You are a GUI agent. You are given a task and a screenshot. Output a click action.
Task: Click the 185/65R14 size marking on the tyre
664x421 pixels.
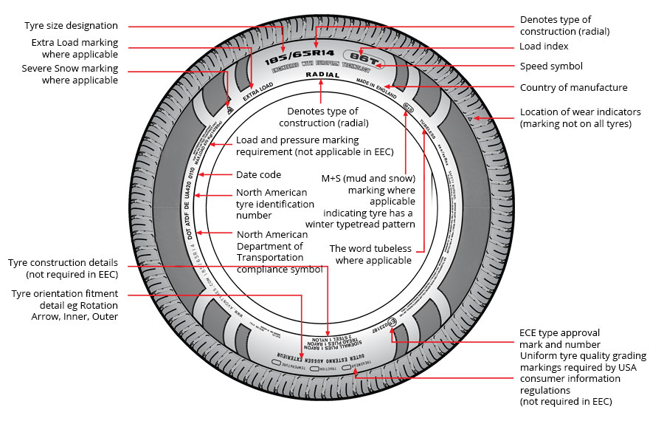pos(284,57)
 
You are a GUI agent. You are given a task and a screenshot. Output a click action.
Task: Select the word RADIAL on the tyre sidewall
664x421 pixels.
pos(322,75)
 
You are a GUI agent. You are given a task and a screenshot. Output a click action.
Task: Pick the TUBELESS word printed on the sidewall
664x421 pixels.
pos(427,129)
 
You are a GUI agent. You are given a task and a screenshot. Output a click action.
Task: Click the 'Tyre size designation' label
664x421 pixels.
pos(71,26)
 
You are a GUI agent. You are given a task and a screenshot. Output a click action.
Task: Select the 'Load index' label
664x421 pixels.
pos(545,47)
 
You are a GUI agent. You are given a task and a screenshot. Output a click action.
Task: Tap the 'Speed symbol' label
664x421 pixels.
pos(551,66)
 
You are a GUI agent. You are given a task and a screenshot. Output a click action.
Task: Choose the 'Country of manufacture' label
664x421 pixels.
pos(574,88)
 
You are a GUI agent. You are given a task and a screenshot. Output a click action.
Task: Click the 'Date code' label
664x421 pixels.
pos(258,175)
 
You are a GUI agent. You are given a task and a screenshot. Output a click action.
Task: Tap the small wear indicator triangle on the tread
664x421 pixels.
pos(470,118)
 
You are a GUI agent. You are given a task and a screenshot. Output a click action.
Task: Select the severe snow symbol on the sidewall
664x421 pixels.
pos(229,109)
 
